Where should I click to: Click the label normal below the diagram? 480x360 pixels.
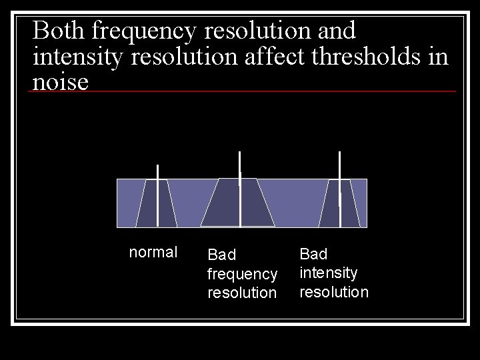[153, 252]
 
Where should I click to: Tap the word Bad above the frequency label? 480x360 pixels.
[222, 255]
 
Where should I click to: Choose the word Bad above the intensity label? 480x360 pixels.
[313, 254]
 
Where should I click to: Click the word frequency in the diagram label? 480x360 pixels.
[242, 274]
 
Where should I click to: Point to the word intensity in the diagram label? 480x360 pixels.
[329, 273]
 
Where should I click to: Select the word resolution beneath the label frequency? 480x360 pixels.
[242, 293]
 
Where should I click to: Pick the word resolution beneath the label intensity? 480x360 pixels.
[334, 292]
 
